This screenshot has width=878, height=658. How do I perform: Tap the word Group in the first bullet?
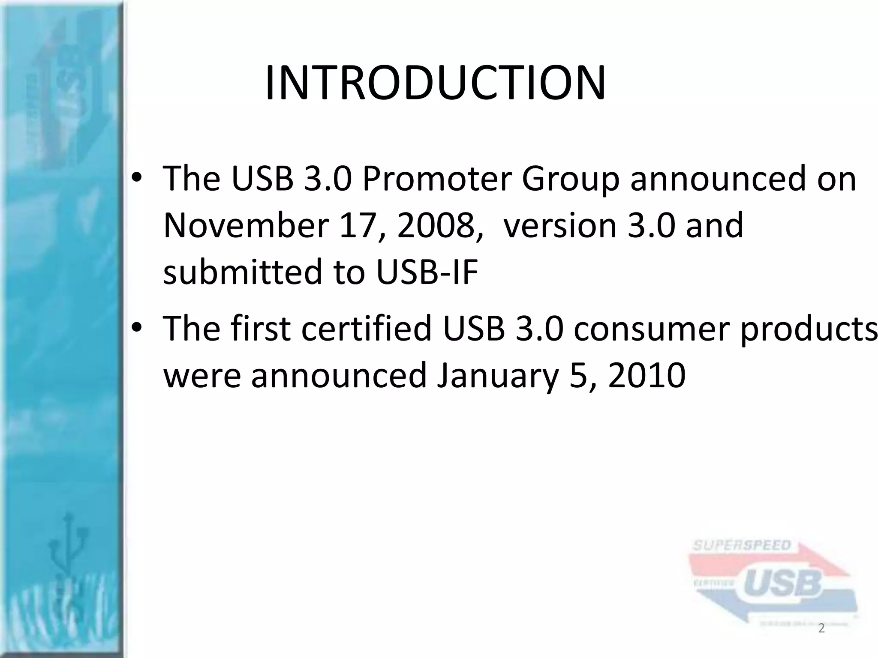[x=570, y=179]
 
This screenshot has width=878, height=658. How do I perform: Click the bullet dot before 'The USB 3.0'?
[x=137, y=179]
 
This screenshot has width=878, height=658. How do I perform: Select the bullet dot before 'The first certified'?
[x=137, y=329]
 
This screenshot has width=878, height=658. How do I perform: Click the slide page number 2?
[x=821, y=628]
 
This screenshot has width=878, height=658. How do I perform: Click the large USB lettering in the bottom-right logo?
[x=782, y=584]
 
